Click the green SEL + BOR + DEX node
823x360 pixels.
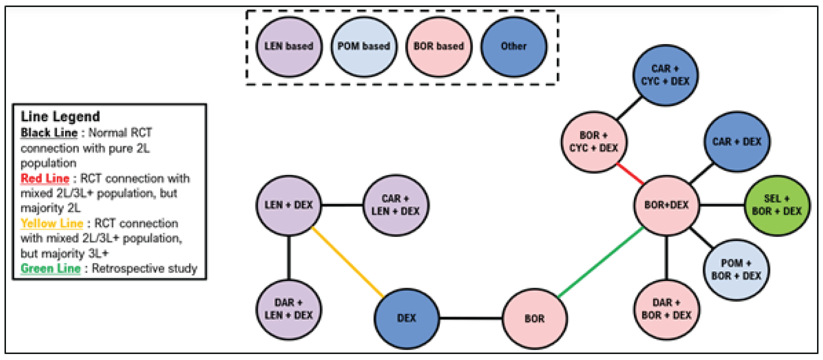[x=777, y=205]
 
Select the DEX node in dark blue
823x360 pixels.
[x=407, y=318]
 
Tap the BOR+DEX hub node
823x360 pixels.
[x=666, y=205]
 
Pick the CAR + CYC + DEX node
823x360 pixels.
[x=665, y=75]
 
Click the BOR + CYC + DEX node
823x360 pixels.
[x=594, y=142]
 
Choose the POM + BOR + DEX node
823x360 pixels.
[x=736, y=270]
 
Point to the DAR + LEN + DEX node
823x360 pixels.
[x=289, y=309]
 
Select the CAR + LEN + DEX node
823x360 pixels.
[x=395, y=205]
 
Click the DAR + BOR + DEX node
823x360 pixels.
[x=666, y=309]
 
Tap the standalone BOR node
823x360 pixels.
[x=534, y=318]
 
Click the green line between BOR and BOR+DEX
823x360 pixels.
[x=601, y=262]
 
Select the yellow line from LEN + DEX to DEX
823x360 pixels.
[x=347, y=262]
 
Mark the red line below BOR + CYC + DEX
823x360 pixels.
[x=630, y=174]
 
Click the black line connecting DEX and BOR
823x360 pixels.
[x=470, y=318]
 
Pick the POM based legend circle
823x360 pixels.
[x=364, y=46]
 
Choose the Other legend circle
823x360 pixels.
[x=514, y=46]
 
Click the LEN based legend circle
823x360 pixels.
[x=289, y=46]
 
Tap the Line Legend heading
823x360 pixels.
[x=60, y=117]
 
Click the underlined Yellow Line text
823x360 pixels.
[x=52, y=224]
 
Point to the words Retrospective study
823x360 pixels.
[x=145, y=268]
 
